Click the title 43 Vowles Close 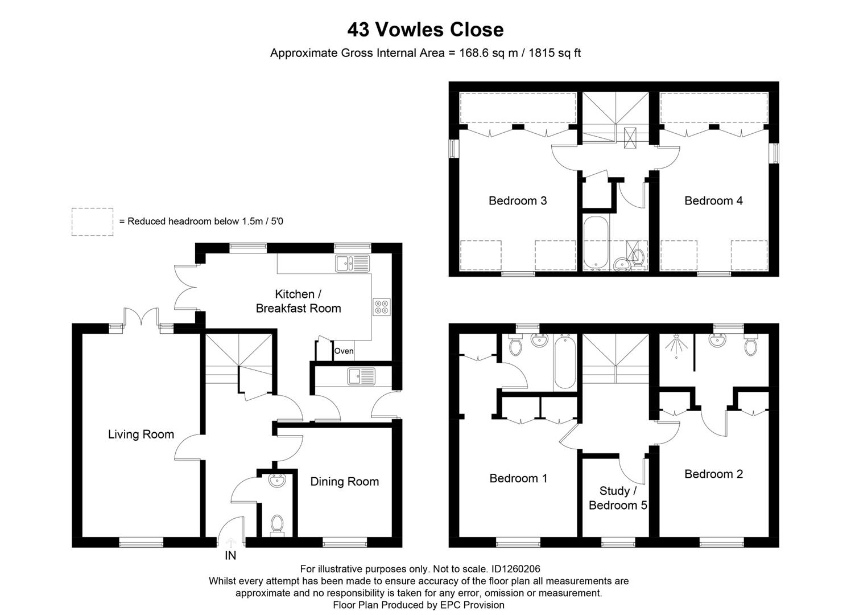pos(425,30)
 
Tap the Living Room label pos(141,434)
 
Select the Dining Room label pos(344,482)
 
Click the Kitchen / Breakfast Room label pos(298,301)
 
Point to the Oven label pos(344,351)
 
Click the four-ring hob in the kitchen pos(381,307)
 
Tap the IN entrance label pos(230,555)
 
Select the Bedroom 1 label pos(518,478)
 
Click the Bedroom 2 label pos(713,474)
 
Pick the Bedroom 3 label pos(518,200)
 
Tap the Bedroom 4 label pos(713,200)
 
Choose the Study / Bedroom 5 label pos(617,498)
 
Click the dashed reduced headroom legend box pos(92,222)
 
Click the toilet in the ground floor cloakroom pos(277,524)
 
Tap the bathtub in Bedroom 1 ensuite pos(565,362)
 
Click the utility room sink pos(362,376)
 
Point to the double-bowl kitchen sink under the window pos(352,263)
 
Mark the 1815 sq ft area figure pos(555,54)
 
